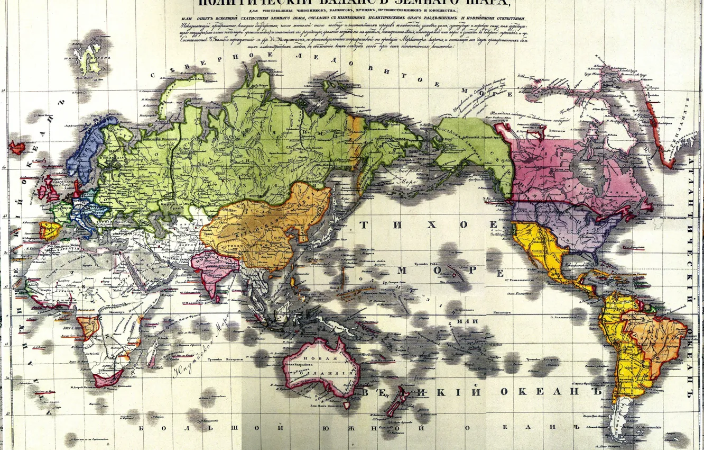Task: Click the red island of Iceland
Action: [17, 147]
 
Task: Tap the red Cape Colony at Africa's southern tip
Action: [107, 379]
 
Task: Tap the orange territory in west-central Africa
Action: [88, 327]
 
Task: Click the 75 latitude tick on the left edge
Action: [4, 92]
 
